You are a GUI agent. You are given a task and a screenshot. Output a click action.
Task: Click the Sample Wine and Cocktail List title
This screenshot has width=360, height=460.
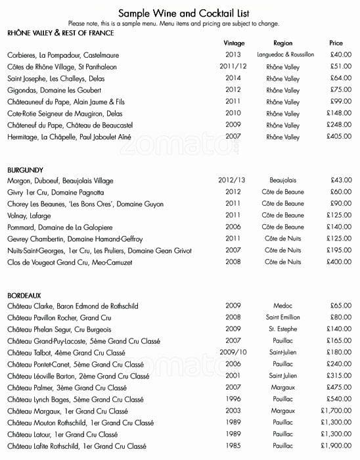(x=184, y=12)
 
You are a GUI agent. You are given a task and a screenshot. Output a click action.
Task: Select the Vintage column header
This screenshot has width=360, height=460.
(x=234, y=43)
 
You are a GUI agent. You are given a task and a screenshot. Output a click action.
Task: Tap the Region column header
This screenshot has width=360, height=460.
(x=282, y=43)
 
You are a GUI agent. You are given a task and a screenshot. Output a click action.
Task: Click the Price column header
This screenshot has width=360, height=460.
(x=336, y=43)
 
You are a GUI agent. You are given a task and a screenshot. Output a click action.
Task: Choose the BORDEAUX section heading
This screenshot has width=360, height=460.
(x=24, y=294)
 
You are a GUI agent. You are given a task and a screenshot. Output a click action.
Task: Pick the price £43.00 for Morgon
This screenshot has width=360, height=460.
(x=341, y=180)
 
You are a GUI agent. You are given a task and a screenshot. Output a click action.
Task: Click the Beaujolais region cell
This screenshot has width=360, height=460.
(x=283, y=180)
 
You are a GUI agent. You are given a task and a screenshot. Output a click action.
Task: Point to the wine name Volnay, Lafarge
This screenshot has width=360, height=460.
(x=30, y=216)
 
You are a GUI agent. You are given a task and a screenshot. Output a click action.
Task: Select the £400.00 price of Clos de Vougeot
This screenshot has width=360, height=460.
(x=338, y=262)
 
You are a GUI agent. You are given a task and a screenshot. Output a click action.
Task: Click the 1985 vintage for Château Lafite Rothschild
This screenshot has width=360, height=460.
(x=233, y=447)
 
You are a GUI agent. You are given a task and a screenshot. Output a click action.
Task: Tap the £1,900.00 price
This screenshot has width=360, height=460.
(x=336, y=447)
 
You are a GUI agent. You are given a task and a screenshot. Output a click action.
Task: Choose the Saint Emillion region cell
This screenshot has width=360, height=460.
(x=283, y=317)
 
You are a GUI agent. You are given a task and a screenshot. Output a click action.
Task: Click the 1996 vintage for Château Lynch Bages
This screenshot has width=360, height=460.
(x=233, y=400)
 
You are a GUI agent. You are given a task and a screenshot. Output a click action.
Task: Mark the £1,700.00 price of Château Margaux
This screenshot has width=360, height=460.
(x=336, y=411)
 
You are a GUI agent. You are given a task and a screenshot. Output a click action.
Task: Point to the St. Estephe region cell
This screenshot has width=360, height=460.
(x=283, y=329)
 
